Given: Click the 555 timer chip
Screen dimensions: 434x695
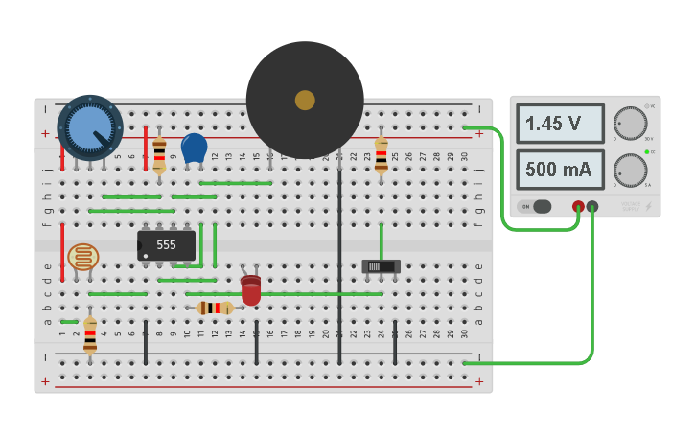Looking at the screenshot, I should coord(166,245).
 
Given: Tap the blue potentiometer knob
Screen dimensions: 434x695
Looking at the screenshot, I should coord(90,126).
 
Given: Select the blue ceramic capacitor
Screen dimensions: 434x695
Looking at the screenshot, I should coord(194,148).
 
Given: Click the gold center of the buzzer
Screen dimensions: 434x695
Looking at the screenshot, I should coord(305,100).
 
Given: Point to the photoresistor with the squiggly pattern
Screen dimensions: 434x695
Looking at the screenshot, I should coord(83,257).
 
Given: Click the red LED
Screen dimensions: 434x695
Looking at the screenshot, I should coord(250,290).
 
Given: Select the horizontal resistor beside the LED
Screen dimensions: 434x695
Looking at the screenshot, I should coord(215,308).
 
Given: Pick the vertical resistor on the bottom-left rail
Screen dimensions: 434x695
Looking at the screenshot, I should coord(90,335).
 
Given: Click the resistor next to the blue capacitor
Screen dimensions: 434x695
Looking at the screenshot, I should coord(159,151).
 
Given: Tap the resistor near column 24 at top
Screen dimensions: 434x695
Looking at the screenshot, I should coord(382,153).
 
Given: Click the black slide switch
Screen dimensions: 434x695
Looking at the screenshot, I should coord(381,265).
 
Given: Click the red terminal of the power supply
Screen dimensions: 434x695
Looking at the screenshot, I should coord(578,206).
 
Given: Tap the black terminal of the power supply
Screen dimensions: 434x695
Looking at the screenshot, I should coord(592,206).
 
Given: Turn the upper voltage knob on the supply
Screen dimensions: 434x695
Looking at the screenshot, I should coord(630,124).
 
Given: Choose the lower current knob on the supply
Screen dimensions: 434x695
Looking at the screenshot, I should coord(630,170).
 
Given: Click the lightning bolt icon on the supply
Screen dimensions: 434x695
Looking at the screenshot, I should coord(649,206).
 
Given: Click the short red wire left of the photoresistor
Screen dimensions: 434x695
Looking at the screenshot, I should coord(63,252).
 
